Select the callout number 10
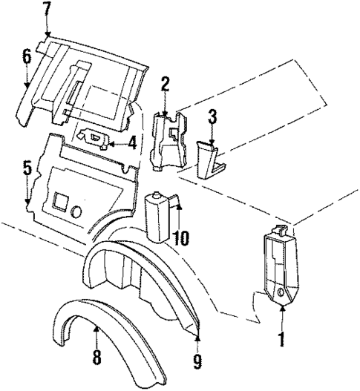click(x=182, y=238)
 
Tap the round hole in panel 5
click(x=77, y=211)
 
